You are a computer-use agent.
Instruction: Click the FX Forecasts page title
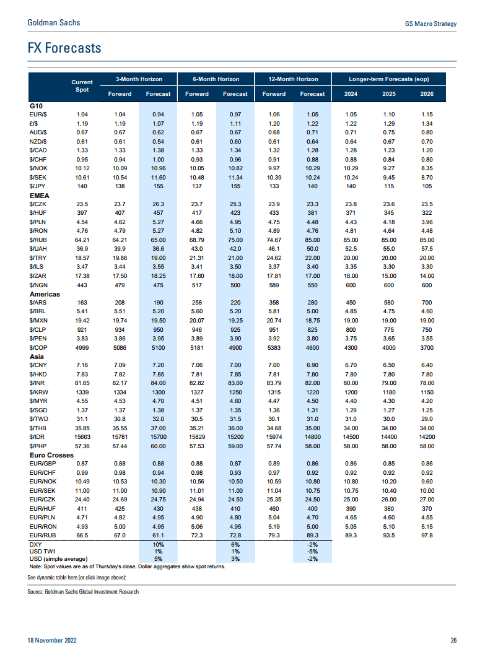(x=64, y=48)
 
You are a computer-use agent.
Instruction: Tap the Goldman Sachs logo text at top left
(x=54, y=23)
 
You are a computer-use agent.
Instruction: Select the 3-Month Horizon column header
(x=139, y=79)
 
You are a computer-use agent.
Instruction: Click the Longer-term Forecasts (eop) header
(x=389, y=79)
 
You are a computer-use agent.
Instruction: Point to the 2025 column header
(x=389, y=94)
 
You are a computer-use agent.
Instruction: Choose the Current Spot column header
(x=82, y=86)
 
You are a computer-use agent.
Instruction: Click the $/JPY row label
(x=37, y=186)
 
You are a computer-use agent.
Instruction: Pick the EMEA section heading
(x=40, y=196)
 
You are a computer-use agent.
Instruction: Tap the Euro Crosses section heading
(x=51, y=455)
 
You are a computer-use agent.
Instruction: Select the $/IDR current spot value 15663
(x=82, y=437)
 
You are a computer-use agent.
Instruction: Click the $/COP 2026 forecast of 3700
(x=427, y=348)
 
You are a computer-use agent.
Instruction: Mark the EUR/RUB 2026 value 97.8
(x=427, y=535)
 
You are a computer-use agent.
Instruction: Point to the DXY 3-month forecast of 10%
(x=159, y=545)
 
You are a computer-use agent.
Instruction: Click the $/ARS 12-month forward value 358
(x=274, y=303)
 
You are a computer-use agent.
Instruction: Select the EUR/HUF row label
(x=42, y=509)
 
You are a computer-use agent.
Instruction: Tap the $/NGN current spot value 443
(x=82, y=285)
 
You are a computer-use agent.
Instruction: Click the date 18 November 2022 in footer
(x=52, y=641)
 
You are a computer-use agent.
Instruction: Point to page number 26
(x=453, y=641)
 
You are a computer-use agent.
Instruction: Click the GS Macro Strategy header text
(x=431, y=24)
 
